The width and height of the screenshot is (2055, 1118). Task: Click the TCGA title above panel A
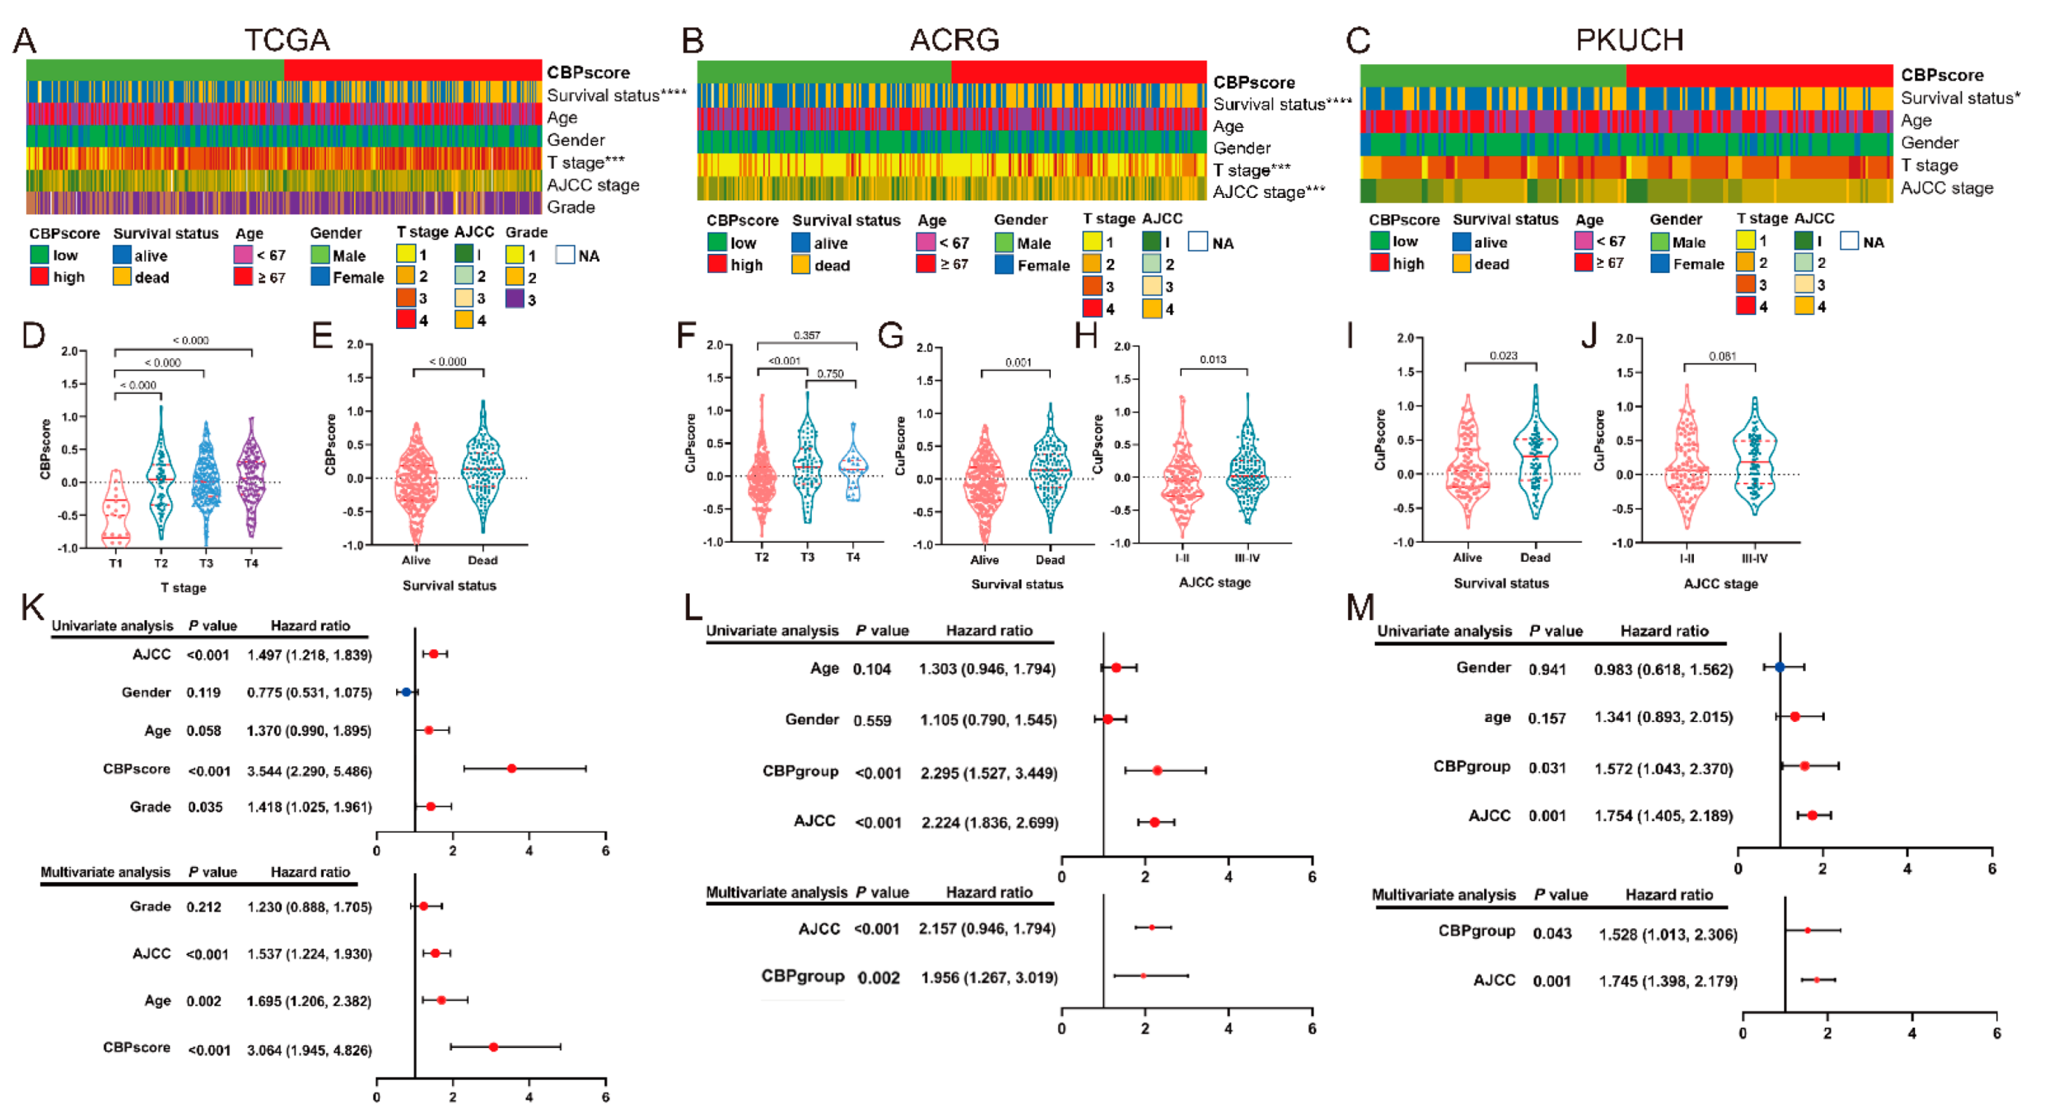tap(286, 40)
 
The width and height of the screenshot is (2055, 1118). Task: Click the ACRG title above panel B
tap(954, 40)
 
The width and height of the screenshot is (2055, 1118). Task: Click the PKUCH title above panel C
tap(1629, 40)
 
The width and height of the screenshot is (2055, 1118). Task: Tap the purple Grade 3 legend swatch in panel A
tap(515, 299)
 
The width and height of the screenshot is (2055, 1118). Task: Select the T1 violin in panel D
tap(116, 510)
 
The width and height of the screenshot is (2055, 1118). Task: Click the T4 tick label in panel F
tap(853, 558)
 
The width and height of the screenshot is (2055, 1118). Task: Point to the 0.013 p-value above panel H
tap(1212, 360)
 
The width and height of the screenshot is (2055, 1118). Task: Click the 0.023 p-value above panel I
tap(1503, 356)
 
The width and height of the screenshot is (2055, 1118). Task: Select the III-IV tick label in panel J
tap(1754, 558)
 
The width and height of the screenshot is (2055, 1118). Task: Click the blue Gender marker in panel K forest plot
tap(406, 692)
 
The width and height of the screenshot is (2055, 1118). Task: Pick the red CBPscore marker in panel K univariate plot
tap(511, 769)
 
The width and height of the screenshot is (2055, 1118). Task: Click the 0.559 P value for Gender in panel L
tap(872, 721)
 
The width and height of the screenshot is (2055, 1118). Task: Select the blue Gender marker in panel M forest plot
tap(1779, 667)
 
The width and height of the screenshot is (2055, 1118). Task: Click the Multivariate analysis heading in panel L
tap(776, 892)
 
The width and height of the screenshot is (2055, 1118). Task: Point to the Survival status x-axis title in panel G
tap(1017, 584)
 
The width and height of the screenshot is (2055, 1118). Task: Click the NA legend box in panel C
tap(1848, 241)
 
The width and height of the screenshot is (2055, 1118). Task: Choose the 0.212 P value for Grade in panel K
tap(203, 907)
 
